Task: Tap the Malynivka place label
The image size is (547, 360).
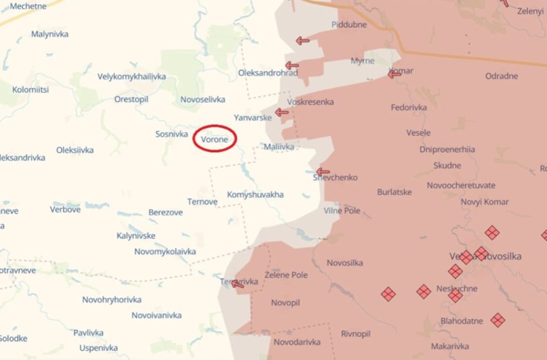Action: click(x=50, y=34)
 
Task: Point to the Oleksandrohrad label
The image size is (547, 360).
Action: click(x=268, y=73)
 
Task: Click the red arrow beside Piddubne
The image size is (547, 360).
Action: click(x=303, y=41)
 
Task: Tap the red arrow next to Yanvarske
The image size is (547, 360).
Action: click(x=282, y=113)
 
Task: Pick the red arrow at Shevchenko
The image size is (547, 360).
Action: click(x=323, y=171)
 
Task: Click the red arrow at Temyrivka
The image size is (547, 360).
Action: click(x=238, y=284)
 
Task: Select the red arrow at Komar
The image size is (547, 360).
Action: click(x=394, y=74)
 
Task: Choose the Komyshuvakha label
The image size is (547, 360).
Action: click(x=255, y=194)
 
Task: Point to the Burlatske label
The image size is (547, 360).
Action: click(x=394, y=192)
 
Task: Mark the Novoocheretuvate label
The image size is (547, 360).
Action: click(x=461, y=185)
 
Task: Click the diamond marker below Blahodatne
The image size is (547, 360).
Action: click(x=498, y=320)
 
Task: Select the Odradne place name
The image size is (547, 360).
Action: click(x=502, y=76)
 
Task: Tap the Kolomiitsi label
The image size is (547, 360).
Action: click(x=30, y=90)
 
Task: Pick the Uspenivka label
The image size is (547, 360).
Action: click(x=98, y=348)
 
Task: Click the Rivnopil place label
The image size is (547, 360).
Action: click(x=356, y=334)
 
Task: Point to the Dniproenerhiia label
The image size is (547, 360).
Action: click(x=447, y=150)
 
